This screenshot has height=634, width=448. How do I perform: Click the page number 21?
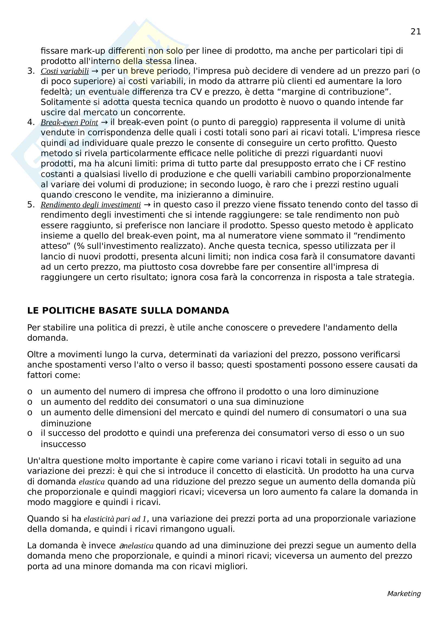(x=415, y=32)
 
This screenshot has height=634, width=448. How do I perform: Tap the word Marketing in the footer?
(x=404, y=593)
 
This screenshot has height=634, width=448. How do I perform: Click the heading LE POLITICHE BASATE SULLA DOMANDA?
(x=128, y=311)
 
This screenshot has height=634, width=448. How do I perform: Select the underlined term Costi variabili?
(x=65, y=71)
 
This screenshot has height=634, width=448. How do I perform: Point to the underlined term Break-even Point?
(x=69, y=122)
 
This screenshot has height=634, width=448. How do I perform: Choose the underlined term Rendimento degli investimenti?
(x=91, y=205)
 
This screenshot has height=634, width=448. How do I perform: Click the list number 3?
(x=31, y=71)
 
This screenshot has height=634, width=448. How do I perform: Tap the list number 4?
(x=31, y=122)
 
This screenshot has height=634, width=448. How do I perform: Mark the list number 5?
(x=31, y=205)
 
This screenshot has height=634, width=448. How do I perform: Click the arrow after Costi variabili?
(x=95, y=71)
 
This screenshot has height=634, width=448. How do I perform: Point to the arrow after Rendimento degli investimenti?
(x=147, y=205)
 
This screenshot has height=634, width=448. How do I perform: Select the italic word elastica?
(x=92, y=482)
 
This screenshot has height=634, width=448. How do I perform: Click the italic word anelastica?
(x=136, y=546)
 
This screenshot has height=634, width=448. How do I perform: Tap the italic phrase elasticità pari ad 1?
(x=115, y=519)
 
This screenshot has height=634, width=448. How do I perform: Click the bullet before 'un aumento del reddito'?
(x=30, y=402)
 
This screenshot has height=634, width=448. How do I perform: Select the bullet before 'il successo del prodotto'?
(x=30, y=433)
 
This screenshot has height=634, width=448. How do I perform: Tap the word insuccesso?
(x=63, y=444)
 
